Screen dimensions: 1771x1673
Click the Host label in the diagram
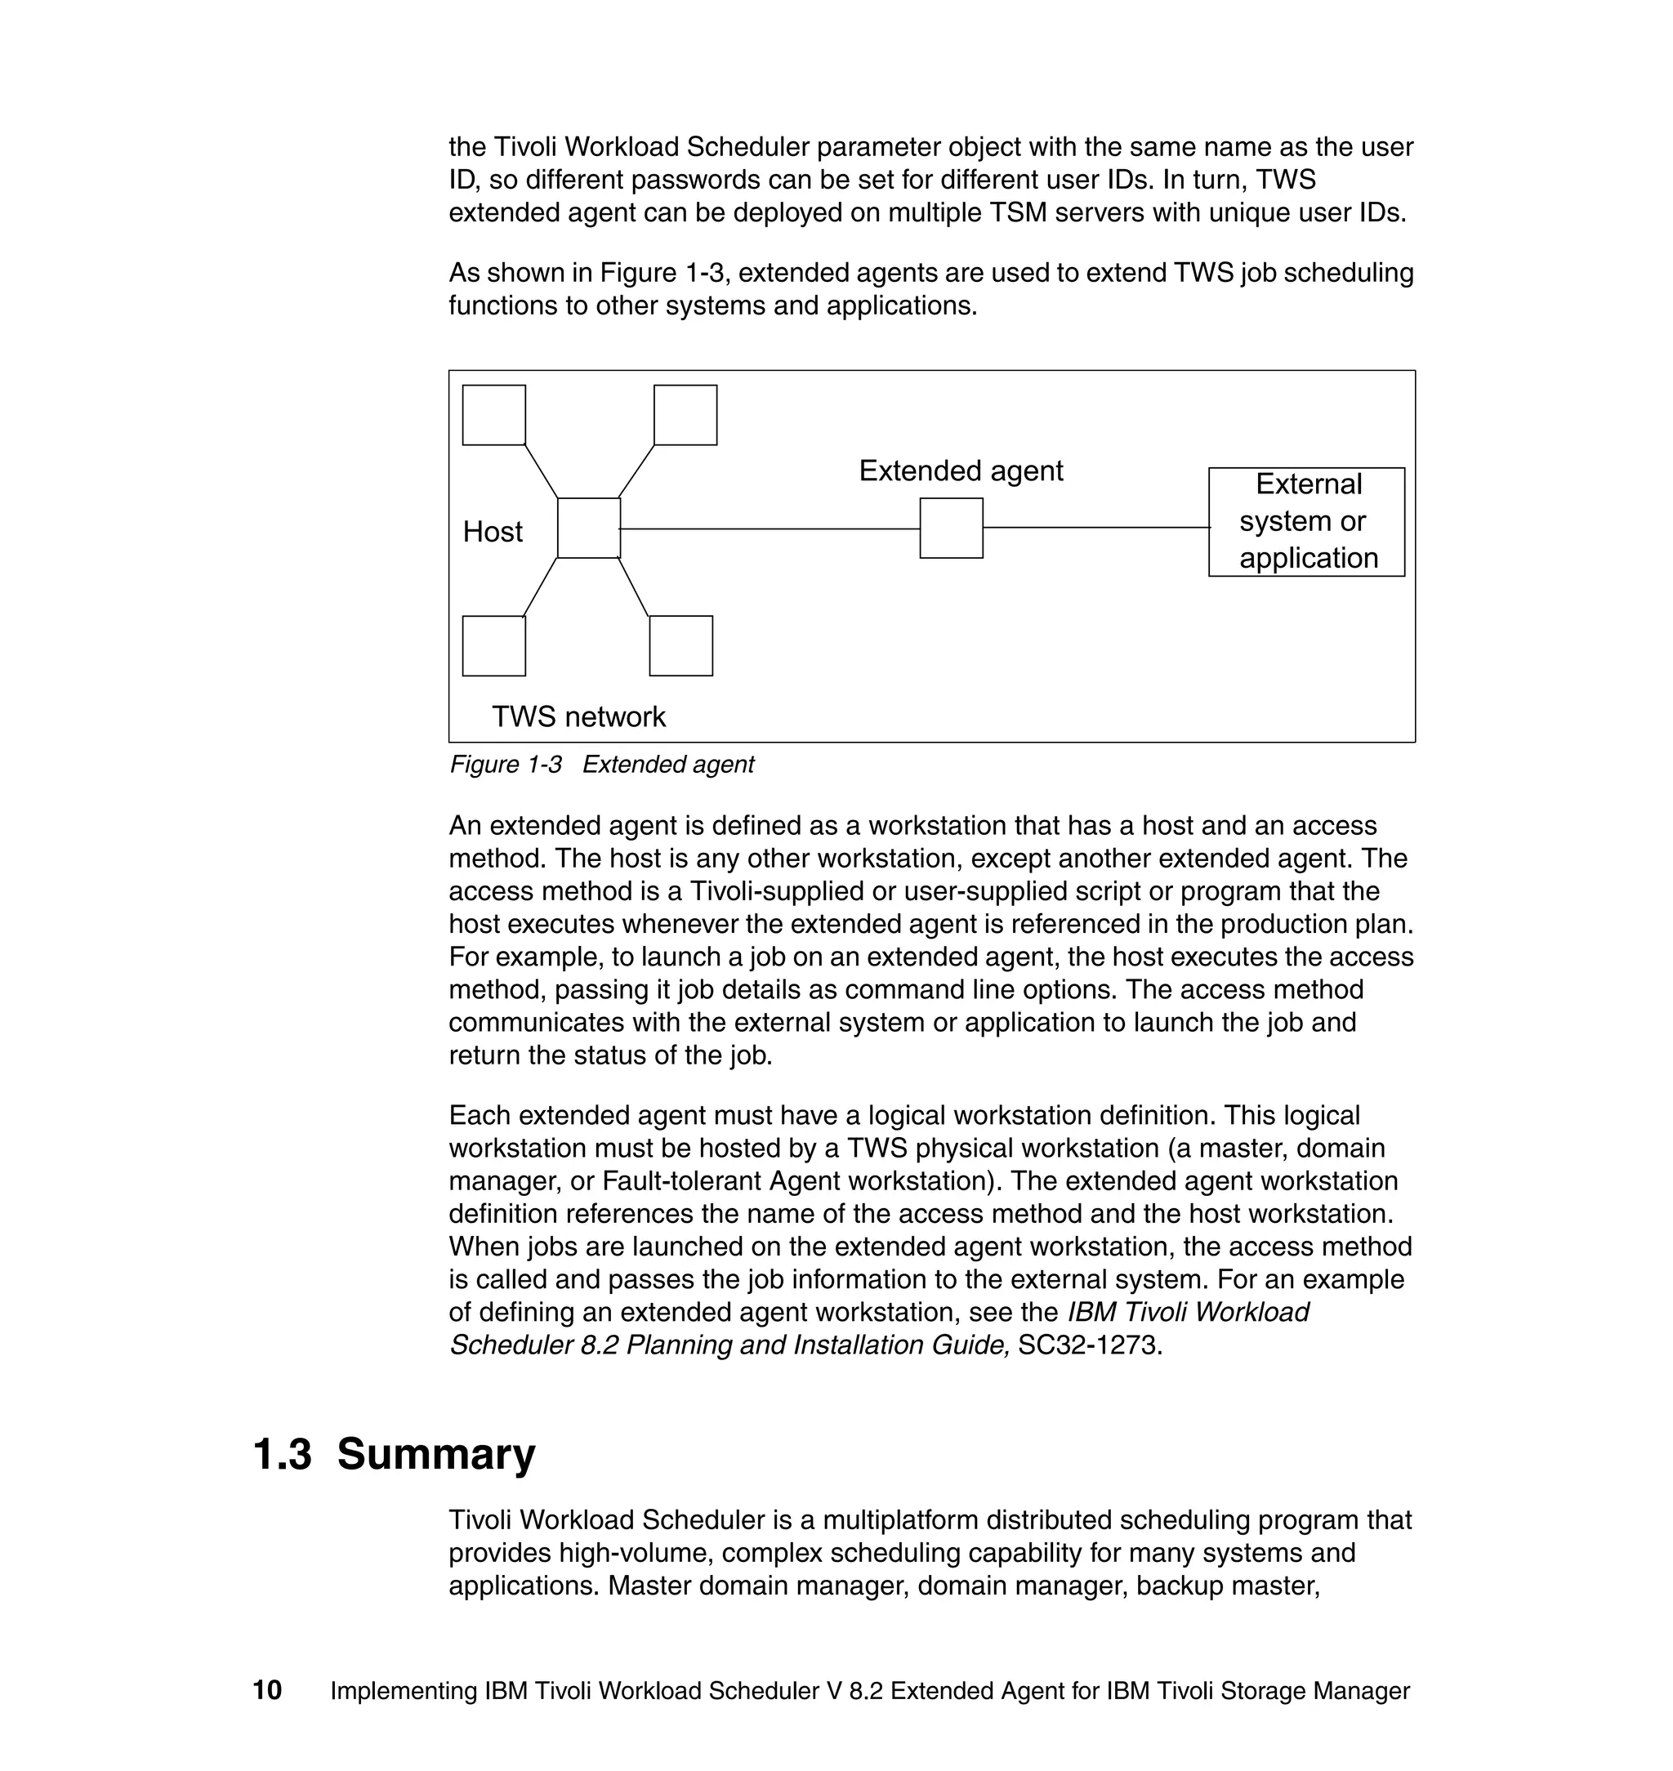click(493, 532)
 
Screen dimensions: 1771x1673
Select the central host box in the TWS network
click(589, 528)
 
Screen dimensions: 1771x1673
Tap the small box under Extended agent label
click(951, 528)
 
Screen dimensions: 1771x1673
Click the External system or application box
click(1306, 522)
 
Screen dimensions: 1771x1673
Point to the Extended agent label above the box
click(961, 471)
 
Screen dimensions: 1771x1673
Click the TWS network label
click(579, 716)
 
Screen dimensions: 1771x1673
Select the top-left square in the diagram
click(493, 415)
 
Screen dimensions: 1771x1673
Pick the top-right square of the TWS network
click(685, 415)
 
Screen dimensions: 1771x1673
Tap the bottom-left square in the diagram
click(493, 645)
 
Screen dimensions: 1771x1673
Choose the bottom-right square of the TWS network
click(680, 645)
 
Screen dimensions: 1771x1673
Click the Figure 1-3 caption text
click(602, 765)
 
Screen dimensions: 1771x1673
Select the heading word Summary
click(436, 1454)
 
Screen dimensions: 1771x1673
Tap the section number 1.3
click(283, 1454)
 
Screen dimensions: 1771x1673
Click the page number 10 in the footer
click(268, 1691)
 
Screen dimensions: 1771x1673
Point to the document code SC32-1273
click(1089, 1345)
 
